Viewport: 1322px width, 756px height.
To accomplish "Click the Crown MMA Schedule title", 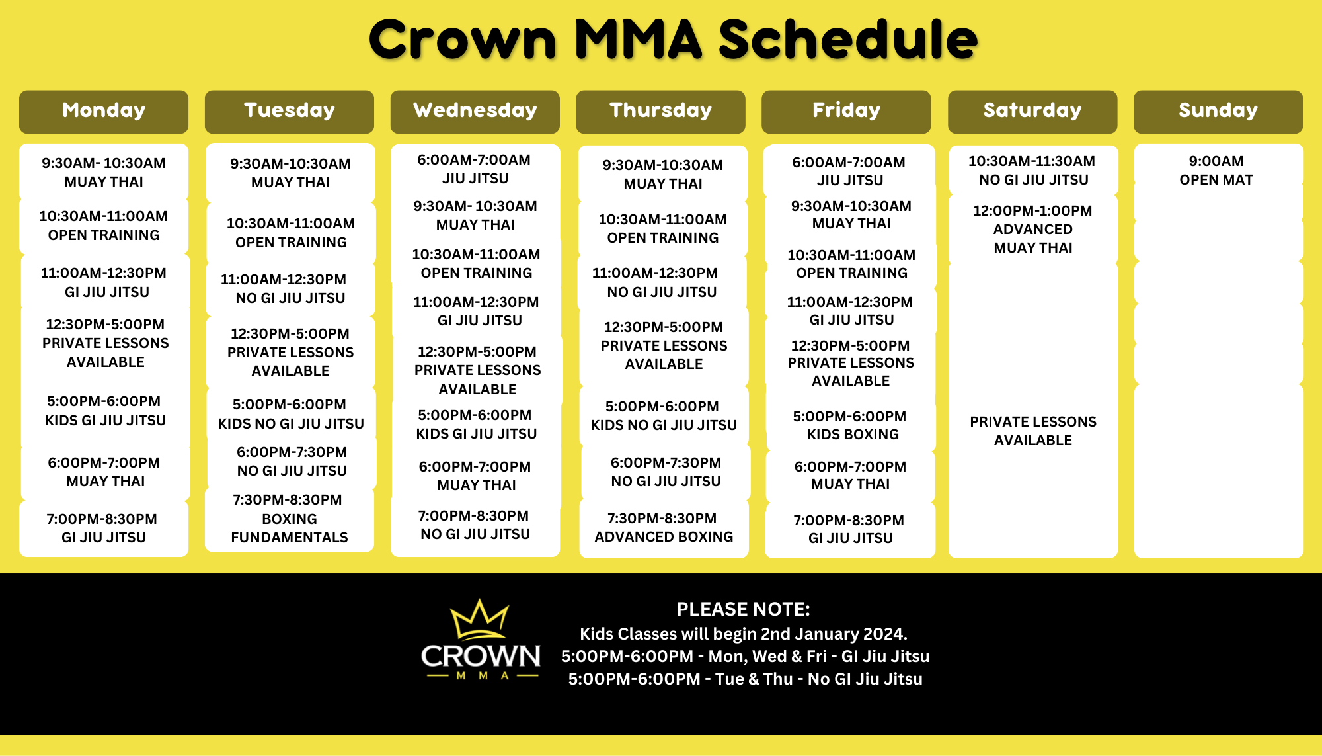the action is click(673, 39).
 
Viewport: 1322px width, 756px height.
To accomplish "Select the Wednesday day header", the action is click(475, 111).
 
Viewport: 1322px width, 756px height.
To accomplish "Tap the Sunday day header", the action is click(1218, 111).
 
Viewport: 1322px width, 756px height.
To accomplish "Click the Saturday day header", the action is click(1032, 111).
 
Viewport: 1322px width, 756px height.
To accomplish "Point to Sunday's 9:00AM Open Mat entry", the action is click(1216, 171).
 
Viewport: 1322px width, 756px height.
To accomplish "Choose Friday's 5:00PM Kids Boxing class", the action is click(850, 425).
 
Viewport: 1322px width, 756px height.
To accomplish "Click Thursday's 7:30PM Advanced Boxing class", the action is click(664, 527).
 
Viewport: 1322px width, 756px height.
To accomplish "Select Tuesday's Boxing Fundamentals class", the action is click(289, 519).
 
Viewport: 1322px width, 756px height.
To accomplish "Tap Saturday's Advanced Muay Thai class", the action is click(1032, 229).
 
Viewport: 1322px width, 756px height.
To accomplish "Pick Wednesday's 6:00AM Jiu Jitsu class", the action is click(475, 169).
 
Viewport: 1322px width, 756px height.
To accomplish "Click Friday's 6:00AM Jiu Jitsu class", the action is click(849, 171).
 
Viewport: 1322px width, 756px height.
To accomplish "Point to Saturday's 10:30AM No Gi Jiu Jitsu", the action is click(1032, 170).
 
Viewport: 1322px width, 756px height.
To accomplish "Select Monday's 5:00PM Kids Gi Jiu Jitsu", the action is click(105, 411).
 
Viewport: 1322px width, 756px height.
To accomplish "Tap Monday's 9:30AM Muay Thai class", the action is click(104, 172).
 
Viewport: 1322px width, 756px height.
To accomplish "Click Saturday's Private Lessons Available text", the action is click(1033, 431).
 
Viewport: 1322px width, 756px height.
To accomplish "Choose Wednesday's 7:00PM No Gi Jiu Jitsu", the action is click(475, 525).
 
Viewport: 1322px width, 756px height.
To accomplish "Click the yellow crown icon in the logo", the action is click(480, 619).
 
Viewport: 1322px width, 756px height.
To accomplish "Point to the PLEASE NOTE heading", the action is click(744, 609).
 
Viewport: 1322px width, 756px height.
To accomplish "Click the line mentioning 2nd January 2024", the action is click(744, 634).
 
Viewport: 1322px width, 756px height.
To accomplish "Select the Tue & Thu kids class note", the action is click(745, 679).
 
